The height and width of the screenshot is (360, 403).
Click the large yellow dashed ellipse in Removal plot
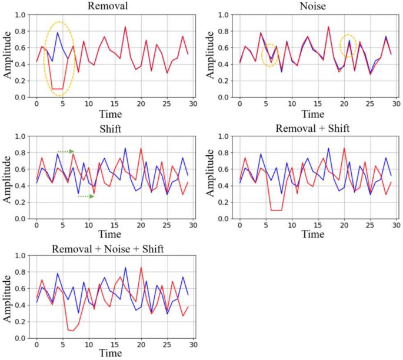(x=58, y=59)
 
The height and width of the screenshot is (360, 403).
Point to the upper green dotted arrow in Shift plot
(x=65, y=152)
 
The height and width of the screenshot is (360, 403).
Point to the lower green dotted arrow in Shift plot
(x=86, y=196)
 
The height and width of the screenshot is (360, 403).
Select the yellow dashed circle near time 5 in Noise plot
(x=269, y=55)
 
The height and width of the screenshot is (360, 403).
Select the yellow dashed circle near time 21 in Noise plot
(x=348, y=45)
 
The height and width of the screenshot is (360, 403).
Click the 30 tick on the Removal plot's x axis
(x=192, y=105)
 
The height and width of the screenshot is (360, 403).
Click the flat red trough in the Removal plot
(x=57, y=89)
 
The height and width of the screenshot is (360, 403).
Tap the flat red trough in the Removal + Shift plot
(x=276, y=210)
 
